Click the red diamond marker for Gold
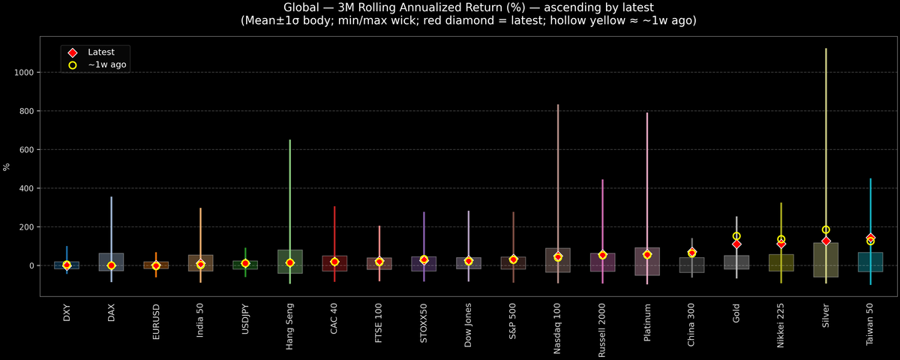[x=736, y=244]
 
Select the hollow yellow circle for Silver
[x=826, y=229]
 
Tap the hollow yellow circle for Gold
[x=736, y=236]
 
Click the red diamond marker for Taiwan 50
[x=871, y=238]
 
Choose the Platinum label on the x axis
[x=647, y=323]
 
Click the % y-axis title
[x=7, y=166]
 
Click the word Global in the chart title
[x=301, y=7]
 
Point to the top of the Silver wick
[x=826, y=49]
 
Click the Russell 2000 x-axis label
[x=602, y=331]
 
